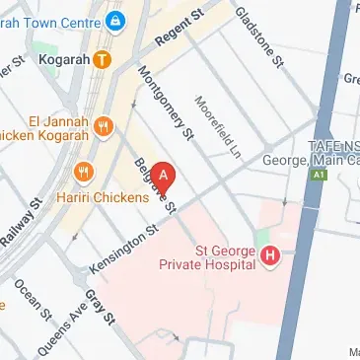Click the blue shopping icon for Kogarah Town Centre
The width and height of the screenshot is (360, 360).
[x=115, y=19]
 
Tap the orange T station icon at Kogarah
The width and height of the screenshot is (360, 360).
[x=102, y=60]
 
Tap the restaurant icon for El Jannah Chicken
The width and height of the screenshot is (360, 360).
[x=106, y=126]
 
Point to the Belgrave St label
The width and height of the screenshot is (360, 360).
[x=155, y=185]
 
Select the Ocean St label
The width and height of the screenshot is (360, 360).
[x=32, y=301]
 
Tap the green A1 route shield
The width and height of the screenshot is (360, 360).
[x=319, y=176]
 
